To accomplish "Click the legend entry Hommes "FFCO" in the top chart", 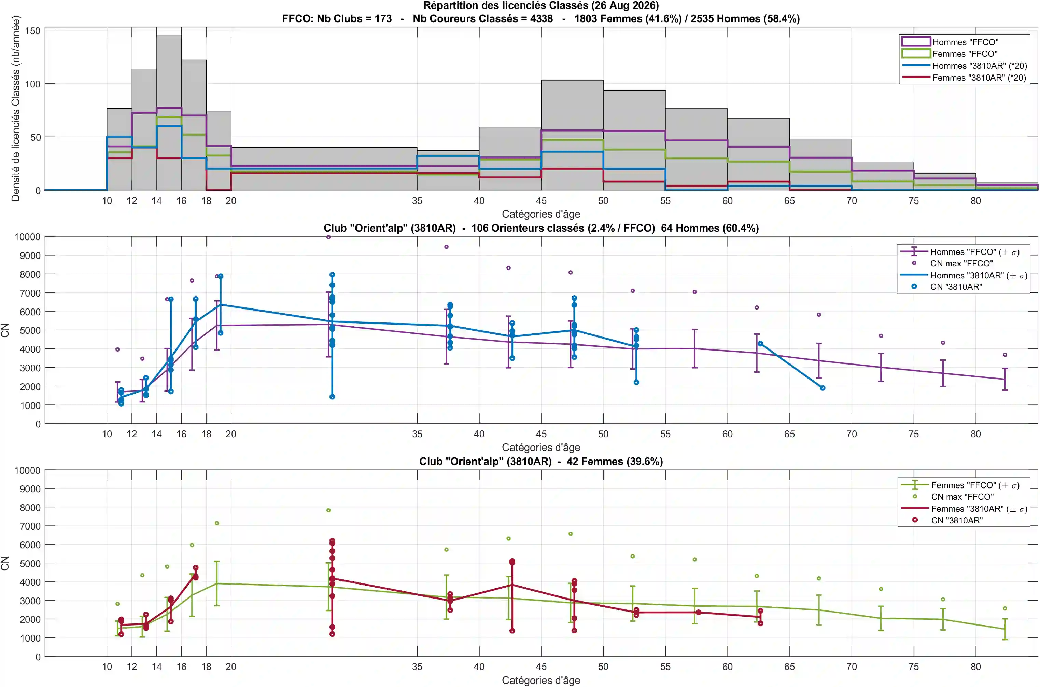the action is click(x=965, y=42).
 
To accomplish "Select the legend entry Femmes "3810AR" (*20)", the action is click(x=979, y=78).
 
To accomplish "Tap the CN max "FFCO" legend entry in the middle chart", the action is click(x=961, y=263).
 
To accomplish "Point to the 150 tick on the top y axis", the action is click(x=32, y=31).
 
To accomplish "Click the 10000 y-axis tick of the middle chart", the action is click(x=27, y=237).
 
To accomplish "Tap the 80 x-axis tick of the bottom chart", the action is click(x=975, y=667).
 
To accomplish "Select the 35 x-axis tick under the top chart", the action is click(x=417, y=201).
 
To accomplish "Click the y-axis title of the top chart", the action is click(x=16, y=109).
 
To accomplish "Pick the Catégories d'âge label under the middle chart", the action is click(x=541, y=447).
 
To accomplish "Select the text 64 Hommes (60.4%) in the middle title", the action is click(x=710, y=228).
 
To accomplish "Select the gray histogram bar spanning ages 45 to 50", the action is click(x=572, y=135).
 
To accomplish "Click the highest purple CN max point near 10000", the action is click(x=328, y=237).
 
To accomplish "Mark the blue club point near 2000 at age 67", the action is click(x=823, y=388).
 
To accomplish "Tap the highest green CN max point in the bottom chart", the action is click(x=328, y=510).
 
